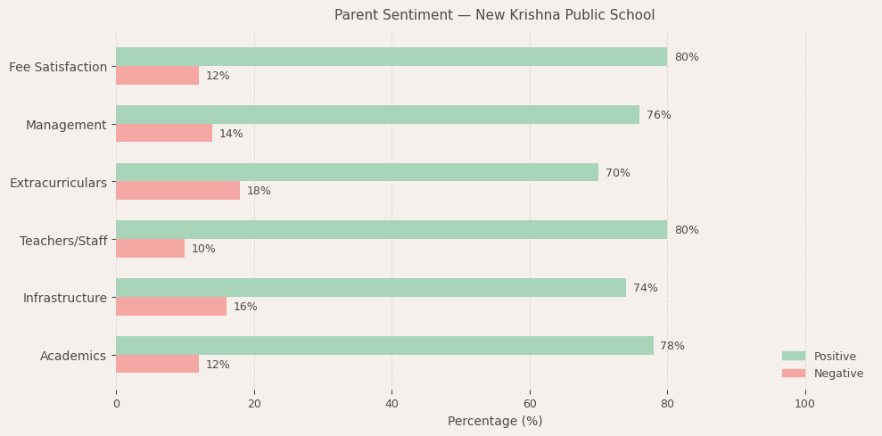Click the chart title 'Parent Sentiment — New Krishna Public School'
coord(494,15)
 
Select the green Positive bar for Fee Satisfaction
coord(391,57)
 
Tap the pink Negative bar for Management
coord(164,134)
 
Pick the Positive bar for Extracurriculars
coord(357,172)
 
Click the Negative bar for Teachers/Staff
coord(150,249)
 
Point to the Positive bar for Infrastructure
coord(370,288)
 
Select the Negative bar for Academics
coord(157,364)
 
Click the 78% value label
coord(672,346)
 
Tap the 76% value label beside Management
coord(658,115)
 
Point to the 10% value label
coord(203,249)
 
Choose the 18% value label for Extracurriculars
coord(259,191)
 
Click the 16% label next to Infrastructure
coord(245,307)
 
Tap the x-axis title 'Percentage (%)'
coord(494,421)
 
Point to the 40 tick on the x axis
coord(392,404)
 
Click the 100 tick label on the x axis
coord(804,404)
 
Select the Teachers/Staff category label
coord(63,241)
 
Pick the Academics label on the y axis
coord(73,356)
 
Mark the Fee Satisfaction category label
coord(58,67)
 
